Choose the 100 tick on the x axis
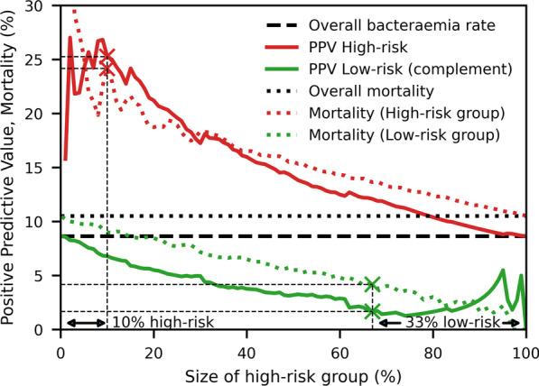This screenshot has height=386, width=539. [525, 348]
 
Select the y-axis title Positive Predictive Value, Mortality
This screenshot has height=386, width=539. [14, 167]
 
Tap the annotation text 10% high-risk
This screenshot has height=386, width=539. [150, 322]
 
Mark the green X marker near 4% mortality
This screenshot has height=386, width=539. [371, 284]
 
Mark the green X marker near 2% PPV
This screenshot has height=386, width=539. [371, 311]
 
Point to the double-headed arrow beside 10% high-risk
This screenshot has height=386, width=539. [84, 322]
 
